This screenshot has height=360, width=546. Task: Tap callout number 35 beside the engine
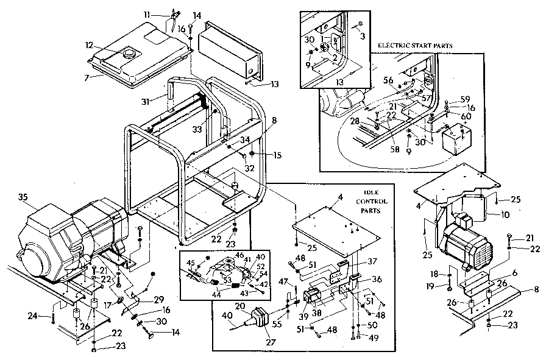click(x=23, y=197)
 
